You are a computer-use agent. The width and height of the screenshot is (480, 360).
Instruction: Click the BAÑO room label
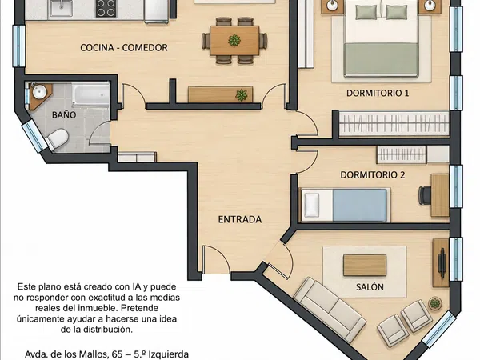point(64,114)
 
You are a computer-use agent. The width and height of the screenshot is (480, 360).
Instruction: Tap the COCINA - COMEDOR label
point(124,47)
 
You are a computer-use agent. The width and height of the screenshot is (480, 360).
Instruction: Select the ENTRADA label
point(240,219)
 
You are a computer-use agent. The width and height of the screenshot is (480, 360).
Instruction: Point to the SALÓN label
point(370,287)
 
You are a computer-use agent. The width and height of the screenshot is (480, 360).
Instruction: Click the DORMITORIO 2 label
point(373,174)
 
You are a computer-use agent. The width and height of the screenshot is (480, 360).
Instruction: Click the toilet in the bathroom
point(58,139)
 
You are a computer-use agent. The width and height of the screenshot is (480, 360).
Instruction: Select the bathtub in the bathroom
point(91,94)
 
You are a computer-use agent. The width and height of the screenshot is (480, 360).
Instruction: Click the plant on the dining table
point(234,40)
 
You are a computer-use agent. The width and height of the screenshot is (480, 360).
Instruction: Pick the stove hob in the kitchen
point(106,8)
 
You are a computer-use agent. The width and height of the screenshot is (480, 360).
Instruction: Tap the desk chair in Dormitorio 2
point(425,195)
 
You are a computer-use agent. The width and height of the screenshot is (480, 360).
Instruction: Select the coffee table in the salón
point(365,266)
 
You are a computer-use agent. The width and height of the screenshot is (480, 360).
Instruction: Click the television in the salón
point(442,263)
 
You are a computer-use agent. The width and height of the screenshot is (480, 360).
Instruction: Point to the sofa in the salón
point(330,310)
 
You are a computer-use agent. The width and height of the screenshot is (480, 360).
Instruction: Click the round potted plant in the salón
point(435,303)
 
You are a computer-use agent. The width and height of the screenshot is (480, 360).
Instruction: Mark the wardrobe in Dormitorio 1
point(394,124)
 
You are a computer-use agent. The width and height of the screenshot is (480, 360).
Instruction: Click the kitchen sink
point(62,8)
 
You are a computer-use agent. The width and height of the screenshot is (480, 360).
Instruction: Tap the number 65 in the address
point(118,354)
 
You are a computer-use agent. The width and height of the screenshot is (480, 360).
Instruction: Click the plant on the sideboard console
point(242,95)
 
